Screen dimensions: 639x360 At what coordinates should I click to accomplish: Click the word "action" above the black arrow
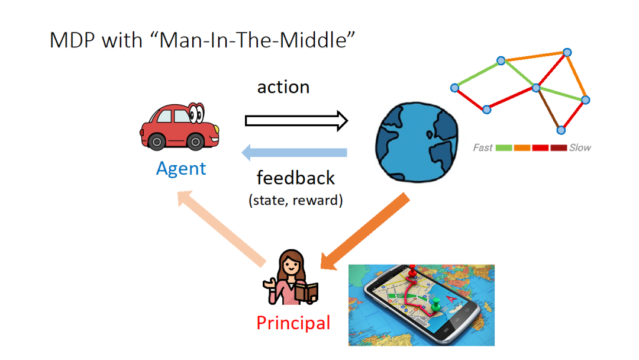click(x=283, y=87)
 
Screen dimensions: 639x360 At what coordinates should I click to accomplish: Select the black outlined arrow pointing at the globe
click(x=296, y=121)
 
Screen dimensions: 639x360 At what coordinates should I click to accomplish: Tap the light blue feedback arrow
click(x=294, y=153)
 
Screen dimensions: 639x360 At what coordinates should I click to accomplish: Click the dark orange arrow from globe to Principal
click(x=364, y=231)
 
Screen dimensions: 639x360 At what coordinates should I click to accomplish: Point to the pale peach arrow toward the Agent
click(x=221, y=229)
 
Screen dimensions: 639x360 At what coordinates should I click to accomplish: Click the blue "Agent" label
click(x=181, y=168)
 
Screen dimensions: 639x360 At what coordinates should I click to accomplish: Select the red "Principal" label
click(x=293, y=323)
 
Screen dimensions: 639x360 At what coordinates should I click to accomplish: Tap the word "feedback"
click(x=295, y=178)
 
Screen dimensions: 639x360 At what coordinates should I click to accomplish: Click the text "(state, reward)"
click(x=295, y=200)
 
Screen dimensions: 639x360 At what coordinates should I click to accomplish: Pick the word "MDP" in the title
click(x=73, y=40)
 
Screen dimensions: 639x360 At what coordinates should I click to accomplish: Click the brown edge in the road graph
click(x=548, y=109)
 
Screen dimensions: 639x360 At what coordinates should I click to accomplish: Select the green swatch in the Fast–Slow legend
click(x=504, y=147)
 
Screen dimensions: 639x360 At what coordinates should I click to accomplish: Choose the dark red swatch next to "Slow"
click(x=559, y=147)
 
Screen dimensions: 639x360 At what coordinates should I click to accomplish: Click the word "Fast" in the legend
click(x=483, y=147)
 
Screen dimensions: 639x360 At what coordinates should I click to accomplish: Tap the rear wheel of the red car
click(x=156, y=142)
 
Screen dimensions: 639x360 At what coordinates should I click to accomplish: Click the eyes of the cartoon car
click(x=196, y=112)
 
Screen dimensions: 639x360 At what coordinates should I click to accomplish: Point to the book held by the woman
click(x=306, y=292)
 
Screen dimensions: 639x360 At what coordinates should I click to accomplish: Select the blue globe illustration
click(x=417, y=142)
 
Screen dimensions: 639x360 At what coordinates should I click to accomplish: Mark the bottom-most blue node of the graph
click(x=561, y=130)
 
